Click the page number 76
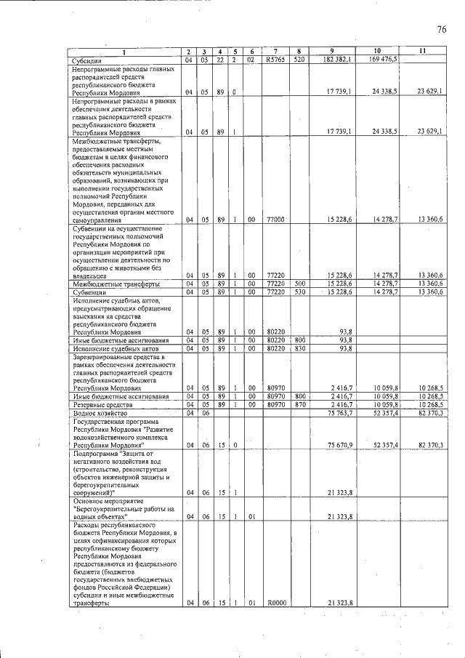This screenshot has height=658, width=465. [x=441, y=30]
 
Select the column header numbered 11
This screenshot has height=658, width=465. [x=424, y=51]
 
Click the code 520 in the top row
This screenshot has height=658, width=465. [x=299, y=59]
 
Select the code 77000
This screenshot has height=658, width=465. [x=275, y=219]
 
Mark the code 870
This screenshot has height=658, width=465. [x=299, y=404]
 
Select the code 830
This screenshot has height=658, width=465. [x=299, y=348]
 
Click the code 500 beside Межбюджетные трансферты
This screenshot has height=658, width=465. [x=299, y=284]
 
